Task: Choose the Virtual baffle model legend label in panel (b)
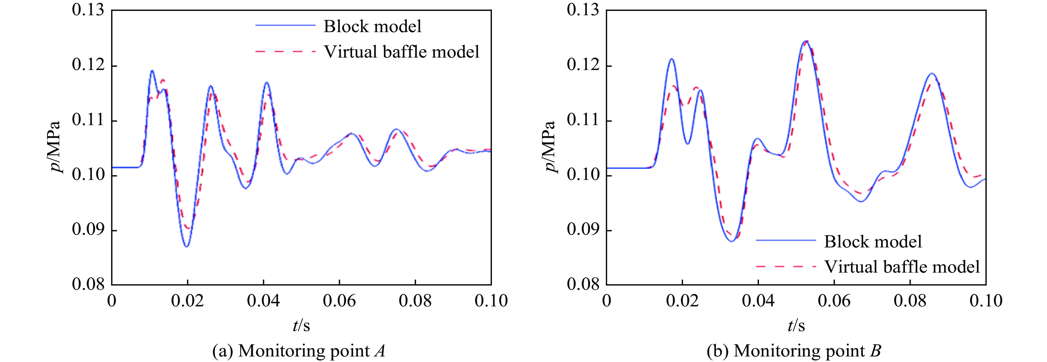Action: tap(902, 267)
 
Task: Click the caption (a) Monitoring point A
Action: tap(299, 351)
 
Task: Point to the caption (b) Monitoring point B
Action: tap(794, 351)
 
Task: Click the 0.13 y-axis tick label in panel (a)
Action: tap(88, 10)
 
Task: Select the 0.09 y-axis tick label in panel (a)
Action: tap(88, 230)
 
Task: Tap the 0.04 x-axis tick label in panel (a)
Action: tap(263, 301)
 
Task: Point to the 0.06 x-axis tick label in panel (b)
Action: tap(834, 301)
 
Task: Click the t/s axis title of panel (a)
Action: tap(301, 325)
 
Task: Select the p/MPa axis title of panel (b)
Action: tap(550, 147)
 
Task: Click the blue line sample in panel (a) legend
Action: tap(285, 25)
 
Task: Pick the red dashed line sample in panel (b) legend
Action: tap(786, 267)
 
